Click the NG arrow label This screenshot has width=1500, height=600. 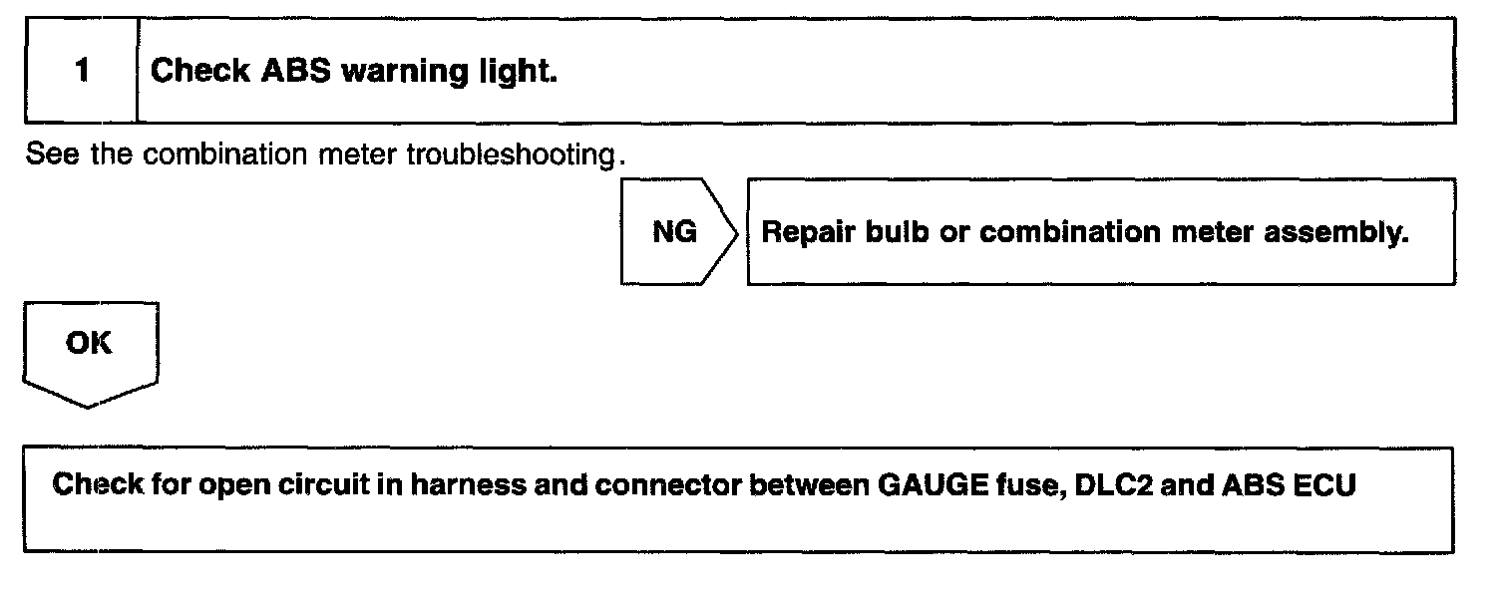point(674,232)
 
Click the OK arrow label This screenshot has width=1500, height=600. point(89,344)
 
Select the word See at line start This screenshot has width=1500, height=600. point(47,156)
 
